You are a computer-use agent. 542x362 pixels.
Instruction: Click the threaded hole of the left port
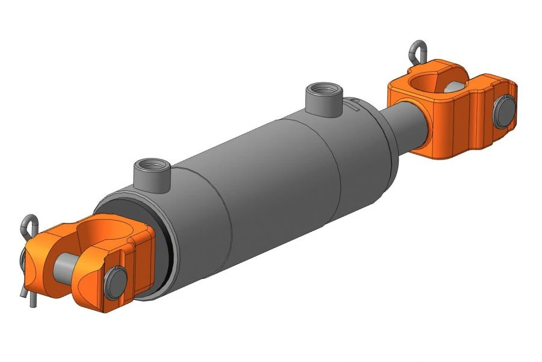[147, 163]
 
